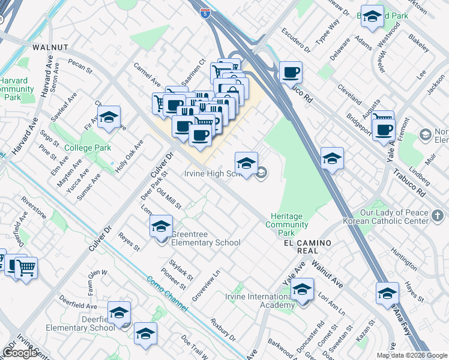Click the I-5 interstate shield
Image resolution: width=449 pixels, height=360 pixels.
tap(206, 15)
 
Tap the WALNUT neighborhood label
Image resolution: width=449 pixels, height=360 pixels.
tap(50, 47)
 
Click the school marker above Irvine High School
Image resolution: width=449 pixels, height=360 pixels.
tap(246, 163)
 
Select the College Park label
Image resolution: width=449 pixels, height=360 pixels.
tap(87, 148)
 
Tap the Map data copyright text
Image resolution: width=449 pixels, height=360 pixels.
tap(412, 355)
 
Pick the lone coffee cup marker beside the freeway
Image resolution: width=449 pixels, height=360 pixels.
tap(291, 73)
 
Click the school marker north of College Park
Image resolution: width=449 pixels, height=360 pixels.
tap(109, 118)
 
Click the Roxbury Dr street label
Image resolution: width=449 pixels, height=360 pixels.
tap(222, 329)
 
